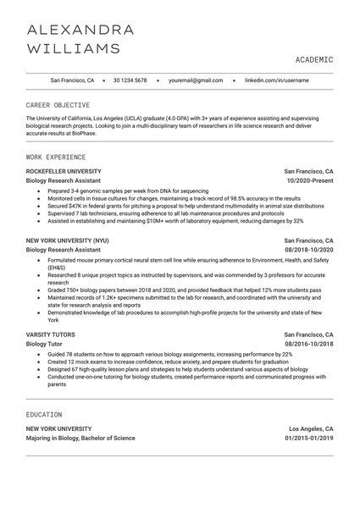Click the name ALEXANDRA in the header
(x=80, y=30)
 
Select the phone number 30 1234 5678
(x=130, y=80)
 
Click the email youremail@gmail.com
(x=196, y=80)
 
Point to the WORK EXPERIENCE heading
(x=56, y=157)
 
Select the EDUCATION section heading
(x=44, y=415)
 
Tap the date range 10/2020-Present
(x=310, y=180)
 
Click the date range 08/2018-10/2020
(x=309, y=251)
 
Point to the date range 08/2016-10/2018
(x=309, y=345)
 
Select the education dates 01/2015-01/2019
(x=309, y=439)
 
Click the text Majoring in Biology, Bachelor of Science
(x=80, y=439)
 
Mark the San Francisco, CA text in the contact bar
(x=73, y=80)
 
